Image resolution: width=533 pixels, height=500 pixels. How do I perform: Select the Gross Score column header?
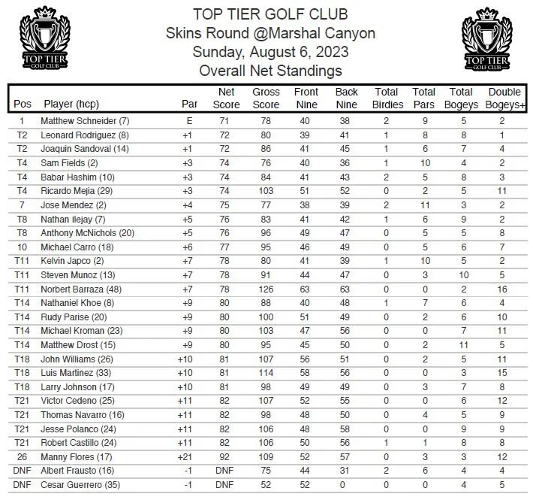(x=266, y=98)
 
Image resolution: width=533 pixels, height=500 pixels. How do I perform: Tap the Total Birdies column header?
(x=387, y=98)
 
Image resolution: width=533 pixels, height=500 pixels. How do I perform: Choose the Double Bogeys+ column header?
(x=504, y=98)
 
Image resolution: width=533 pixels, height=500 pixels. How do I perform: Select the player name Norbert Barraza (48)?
(x=84, y=289)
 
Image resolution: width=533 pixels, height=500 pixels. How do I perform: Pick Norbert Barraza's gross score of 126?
(x=266, y=289)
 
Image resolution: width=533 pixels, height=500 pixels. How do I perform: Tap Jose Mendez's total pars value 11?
(x=424, y=205)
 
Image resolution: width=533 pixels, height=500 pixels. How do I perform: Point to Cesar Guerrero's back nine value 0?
(x=346, y=484)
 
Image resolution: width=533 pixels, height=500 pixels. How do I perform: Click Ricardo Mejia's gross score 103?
(x=266, y=191)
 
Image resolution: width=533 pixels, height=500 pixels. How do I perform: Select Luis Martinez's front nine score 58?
(x=306, y=374)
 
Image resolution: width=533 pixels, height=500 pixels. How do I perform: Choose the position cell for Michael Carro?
(x=22, y=247)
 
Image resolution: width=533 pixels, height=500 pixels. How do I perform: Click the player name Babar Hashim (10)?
(x=78, y=177)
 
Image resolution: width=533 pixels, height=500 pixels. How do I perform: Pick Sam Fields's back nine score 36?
(x=346, y=162)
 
